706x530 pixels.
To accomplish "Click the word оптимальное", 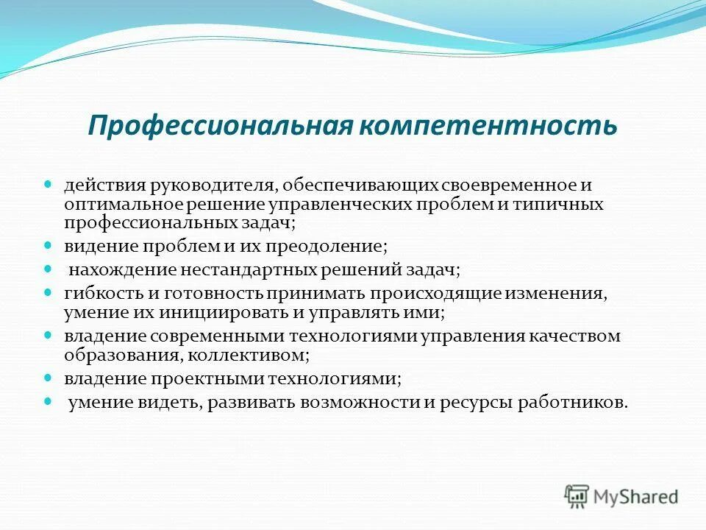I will (113, 204).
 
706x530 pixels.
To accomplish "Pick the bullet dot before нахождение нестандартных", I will (49, 268).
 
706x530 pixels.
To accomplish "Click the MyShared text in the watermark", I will (636, 496).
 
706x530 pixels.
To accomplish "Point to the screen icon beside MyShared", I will (577, 496).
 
